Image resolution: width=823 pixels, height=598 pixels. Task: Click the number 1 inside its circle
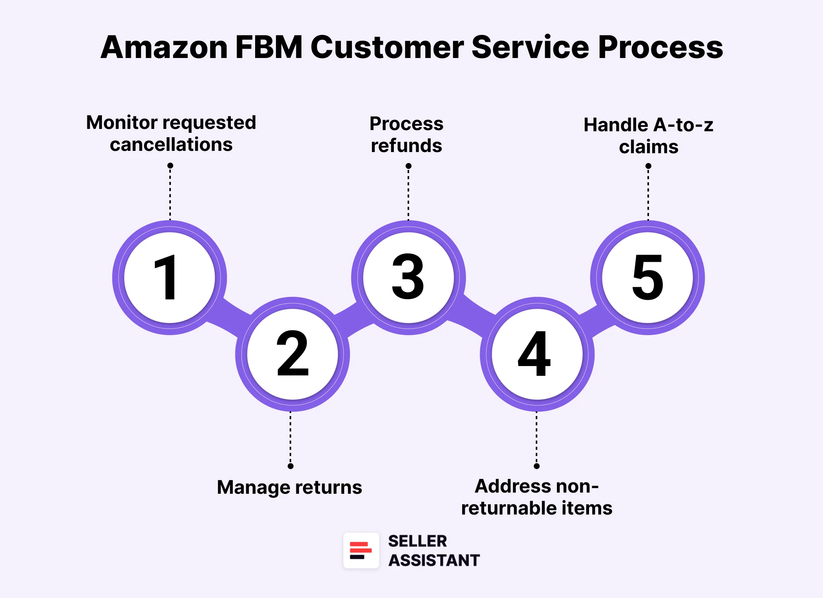tap(167, 277)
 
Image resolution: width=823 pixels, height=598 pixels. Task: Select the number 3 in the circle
tap(408, 276)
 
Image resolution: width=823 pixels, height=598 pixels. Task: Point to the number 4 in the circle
tap(534, 353)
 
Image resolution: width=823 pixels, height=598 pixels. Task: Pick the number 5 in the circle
tap(648, 277)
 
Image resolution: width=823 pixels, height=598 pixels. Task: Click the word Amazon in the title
tap(164, 47)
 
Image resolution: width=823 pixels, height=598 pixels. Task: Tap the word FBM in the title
tap(269, 47)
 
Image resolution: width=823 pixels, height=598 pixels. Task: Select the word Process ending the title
tap(660, 47)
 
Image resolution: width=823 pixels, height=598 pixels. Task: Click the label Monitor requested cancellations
tap(171, 133)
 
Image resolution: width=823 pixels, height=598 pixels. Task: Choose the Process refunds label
tap(406, 134)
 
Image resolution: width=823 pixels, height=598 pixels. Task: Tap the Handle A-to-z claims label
tap(649, 136)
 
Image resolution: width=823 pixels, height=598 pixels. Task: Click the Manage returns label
tap(289, 487)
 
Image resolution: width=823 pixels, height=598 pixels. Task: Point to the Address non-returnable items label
tap(537, 497)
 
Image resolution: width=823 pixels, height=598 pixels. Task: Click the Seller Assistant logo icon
tap(361, 550)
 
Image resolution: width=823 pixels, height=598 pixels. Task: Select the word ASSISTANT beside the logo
tap(434, 560)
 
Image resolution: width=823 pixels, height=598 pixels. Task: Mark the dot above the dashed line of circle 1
tap(170, 166)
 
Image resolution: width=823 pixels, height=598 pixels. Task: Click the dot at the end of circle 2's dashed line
tap(290, 466)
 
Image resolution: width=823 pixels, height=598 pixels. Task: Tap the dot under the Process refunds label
tap(408, 166)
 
